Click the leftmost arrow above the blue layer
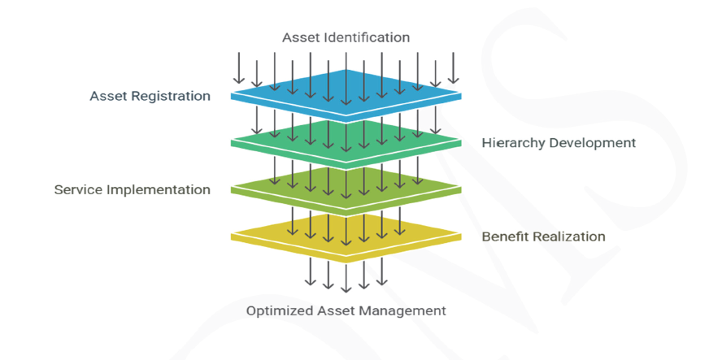238,68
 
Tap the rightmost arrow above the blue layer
454,68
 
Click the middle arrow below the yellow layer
346,276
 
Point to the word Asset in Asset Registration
107,96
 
